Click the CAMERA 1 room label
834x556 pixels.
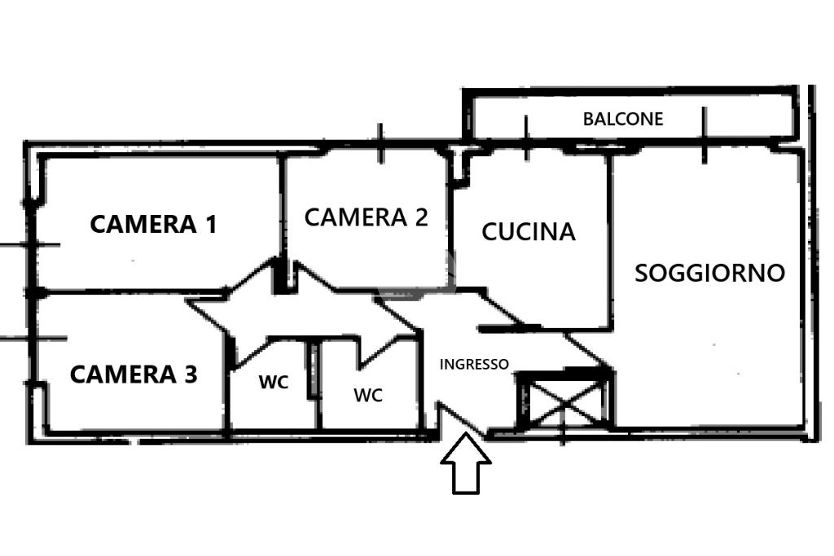153,224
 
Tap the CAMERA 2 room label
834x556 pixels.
366,217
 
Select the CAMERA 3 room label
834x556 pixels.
134,374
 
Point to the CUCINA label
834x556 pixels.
529,232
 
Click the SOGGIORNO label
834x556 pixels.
709,273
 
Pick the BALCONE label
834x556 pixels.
623,119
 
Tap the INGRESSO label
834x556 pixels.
474,365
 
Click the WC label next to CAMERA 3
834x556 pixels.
274,382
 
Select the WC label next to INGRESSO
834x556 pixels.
368,396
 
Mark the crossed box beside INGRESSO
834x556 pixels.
565,400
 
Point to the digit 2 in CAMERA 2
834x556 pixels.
419,217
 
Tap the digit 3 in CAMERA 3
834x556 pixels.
190,374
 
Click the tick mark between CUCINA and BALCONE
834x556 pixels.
526,138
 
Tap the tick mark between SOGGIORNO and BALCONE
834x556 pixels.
704,135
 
